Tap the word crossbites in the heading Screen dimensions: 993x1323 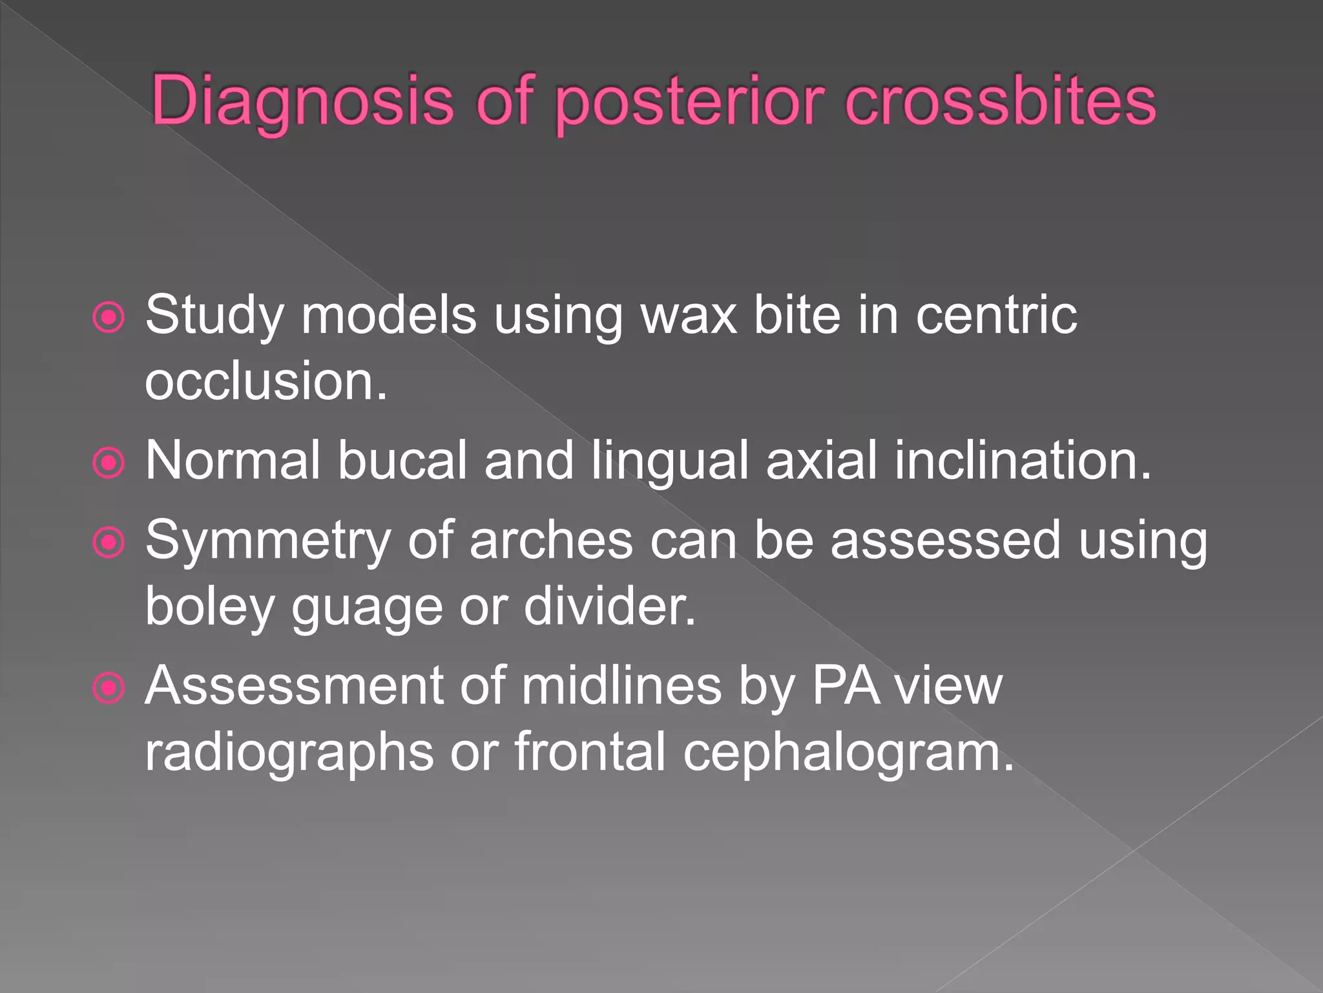(1000, 101)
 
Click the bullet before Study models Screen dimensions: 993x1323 (109, 317)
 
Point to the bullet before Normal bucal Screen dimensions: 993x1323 (109, 463)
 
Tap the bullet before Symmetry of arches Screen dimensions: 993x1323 (109, 542)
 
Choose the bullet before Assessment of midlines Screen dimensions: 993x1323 (109, 688)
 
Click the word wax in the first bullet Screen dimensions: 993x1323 (688, 317)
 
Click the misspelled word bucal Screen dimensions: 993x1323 (402, 461)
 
